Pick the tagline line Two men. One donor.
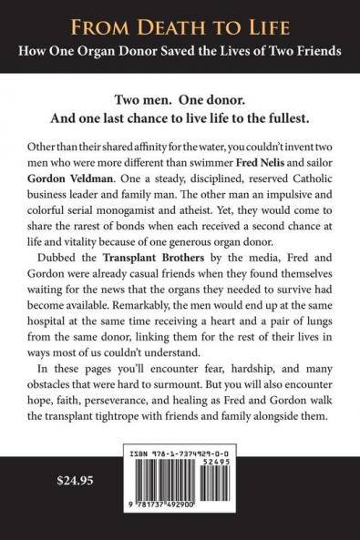180,97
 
